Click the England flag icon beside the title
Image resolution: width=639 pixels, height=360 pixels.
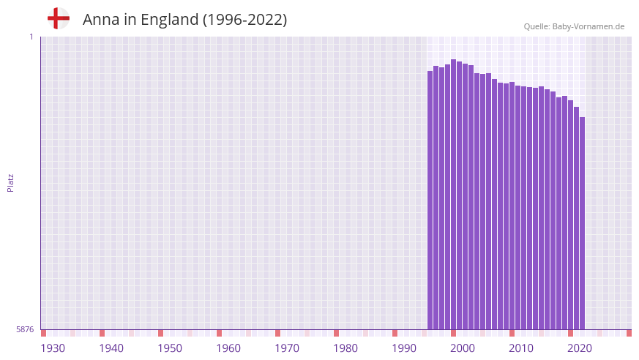click(58, 19)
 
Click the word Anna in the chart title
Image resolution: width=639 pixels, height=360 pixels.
click(100, 20)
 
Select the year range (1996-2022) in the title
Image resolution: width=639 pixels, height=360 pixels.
click(244, 20)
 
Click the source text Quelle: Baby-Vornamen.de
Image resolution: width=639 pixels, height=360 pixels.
click(574, 26)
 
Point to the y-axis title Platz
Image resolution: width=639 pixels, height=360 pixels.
click(10, 182)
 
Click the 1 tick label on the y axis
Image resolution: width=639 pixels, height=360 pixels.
click(31, 37)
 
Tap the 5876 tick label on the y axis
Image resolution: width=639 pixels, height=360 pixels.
click(25, 329)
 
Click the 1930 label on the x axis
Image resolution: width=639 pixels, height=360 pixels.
click(53, 348)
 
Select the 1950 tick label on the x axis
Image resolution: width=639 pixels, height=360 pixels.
click(170, 348)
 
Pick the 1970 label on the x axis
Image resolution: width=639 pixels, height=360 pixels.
click(287, 348)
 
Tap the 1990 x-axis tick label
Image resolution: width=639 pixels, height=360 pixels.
click(404, 348)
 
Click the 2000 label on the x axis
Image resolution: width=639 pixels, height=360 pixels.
click(463, 348)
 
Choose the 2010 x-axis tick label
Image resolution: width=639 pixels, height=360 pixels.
click(521, 348)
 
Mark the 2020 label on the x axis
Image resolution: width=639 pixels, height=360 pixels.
click(580, 348)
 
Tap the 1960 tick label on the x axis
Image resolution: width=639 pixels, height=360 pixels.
click(228, 348)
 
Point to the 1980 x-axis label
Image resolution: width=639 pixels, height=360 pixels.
click(345, 348)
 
